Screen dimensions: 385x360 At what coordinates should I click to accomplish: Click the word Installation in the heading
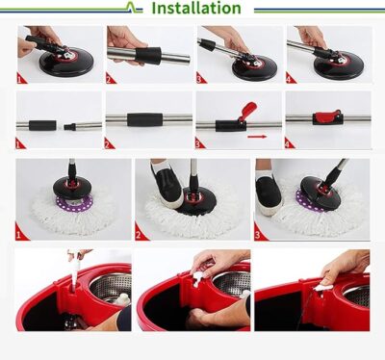pos(196,8)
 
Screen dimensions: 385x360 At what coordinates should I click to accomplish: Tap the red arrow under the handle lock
pos(257,137)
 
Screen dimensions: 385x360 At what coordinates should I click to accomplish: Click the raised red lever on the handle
pos(248,110)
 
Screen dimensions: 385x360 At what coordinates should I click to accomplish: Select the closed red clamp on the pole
pos(327,117)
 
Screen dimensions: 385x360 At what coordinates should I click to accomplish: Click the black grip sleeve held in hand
pos(148,55)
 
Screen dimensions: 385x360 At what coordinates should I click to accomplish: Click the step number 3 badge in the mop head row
pos(259,234)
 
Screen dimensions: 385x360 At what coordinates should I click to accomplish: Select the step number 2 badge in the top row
pos(110,78)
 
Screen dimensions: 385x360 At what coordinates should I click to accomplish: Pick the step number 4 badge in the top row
pos(290,78)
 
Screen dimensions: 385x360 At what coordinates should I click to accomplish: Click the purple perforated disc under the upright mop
pos(75,203)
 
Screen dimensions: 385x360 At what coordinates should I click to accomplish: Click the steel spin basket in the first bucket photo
pos(111,287)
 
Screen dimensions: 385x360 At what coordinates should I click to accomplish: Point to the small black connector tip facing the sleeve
pos(69,126)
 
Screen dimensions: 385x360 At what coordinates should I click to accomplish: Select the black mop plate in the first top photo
pos(66,62)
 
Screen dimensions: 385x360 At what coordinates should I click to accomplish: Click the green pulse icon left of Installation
pos(132,7)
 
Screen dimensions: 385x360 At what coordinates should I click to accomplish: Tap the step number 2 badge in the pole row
pos(109,143)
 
